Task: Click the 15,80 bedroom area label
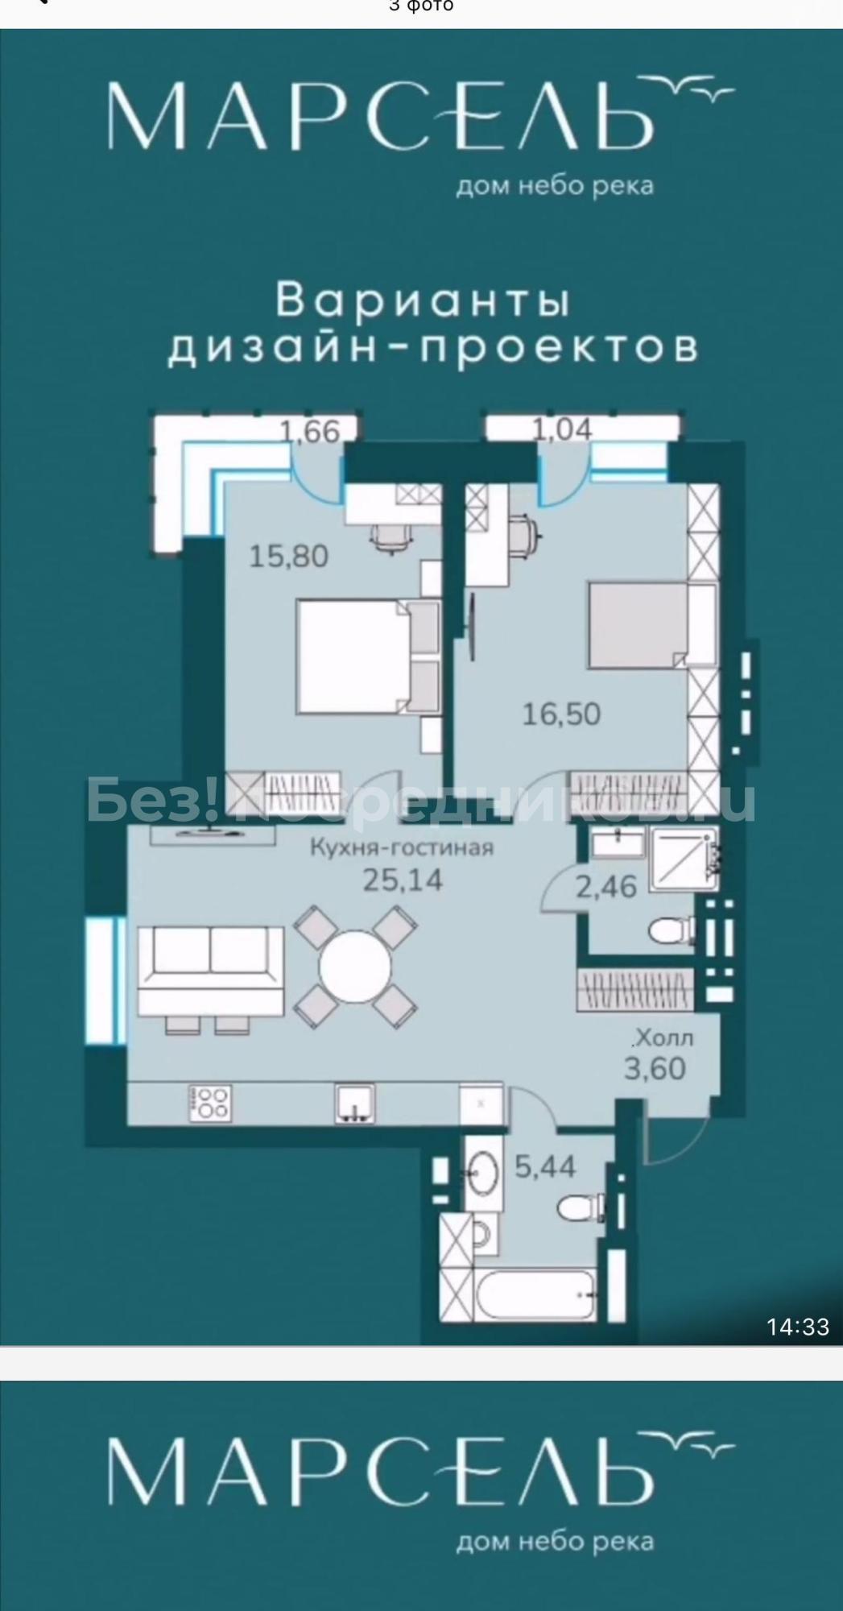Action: pos(289,556)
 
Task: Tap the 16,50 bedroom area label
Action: pos(561,714)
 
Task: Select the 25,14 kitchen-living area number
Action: pos(403,880)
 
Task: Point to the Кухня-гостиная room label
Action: pos(403,847)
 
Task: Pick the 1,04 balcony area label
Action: pos(562,429)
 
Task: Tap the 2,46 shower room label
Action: pos(605,887)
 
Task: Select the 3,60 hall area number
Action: pos(655,1069)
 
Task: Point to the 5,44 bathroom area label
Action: pos(545,1166)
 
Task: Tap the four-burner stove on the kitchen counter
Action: pos(209,1103)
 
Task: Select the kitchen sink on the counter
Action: pos(355,1103)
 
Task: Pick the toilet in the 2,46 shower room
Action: pos(672,932)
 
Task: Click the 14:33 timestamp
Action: pos(797,1327)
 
